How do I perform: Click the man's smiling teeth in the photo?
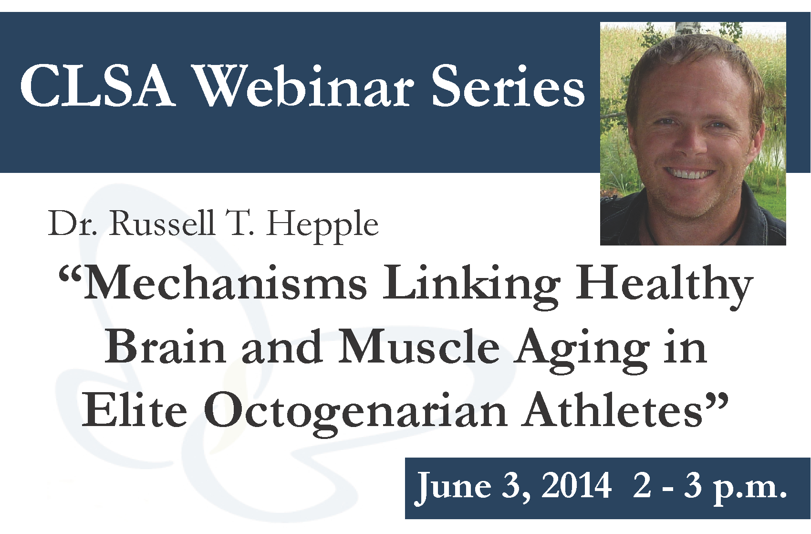[693, 174]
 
